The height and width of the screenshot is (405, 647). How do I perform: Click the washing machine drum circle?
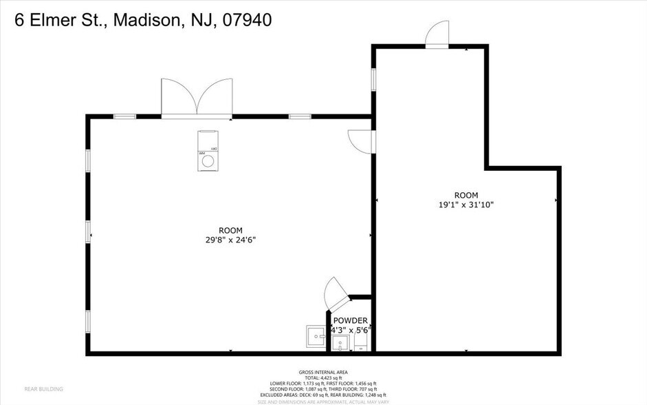(x=207, y=162)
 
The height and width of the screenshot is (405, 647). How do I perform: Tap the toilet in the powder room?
(x=361, y=342)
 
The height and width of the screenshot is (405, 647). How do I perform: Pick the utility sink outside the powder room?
(x=316, y=337)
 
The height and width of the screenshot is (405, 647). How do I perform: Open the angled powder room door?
(x=337, y=293)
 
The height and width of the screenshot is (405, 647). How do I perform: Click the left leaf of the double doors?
(x=178, y=97)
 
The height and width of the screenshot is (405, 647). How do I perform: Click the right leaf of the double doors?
(x=215, y=97)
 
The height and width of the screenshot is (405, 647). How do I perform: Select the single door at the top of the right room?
(x=437, y=34)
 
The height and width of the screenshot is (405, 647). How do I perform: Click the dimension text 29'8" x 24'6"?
(x=230, y=240)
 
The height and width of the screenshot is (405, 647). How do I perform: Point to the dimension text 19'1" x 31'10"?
(x=466, y=205)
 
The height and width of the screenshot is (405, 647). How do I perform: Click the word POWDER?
(x=351, y=321)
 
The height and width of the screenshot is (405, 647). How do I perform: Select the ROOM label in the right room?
(x=466, y=195)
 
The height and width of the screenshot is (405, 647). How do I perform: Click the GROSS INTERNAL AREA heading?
(x=322, y=371)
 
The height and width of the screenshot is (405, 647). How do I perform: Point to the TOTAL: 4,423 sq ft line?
(x=322, y=377)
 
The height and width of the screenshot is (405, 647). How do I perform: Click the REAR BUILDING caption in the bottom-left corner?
(x=43, y=389)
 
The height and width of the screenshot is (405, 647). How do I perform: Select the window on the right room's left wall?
(x=374, y=79)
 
